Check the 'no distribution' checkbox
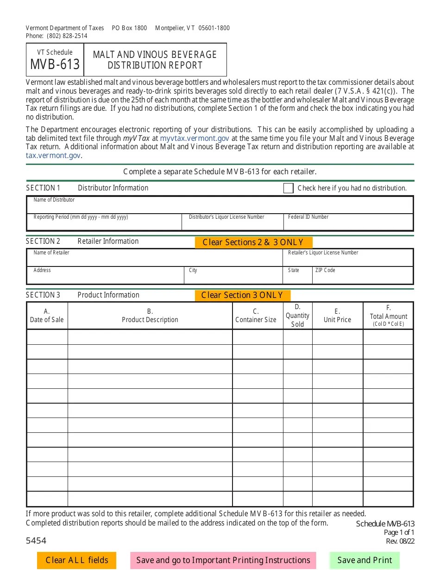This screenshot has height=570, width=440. click(288, 188)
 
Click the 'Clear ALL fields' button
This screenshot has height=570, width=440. click(76, 560)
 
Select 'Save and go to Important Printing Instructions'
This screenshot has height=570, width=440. click(223, 560)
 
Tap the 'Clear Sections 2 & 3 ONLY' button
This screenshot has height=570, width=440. click(253, 242)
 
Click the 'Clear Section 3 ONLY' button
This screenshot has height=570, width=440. click(242, 296)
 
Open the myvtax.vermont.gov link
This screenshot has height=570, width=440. click(195, 138)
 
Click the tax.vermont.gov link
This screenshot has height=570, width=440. click(53, 156)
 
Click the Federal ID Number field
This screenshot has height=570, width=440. click(348, 224)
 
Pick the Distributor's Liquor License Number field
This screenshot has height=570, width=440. click(232, 224)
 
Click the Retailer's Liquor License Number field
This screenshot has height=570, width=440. click(348, 259)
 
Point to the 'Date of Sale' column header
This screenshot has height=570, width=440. click(47, 316)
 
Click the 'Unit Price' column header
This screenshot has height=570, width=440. click(337, 316)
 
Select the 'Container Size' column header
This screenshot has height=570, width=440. click(256, 316)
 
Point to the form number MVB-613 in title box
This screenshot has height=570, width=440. click(55, 64)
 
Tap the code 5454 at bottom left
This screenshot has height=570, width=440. click(36, 540)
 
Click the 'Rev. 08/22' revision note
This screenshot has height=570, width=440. click(400, 541)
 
